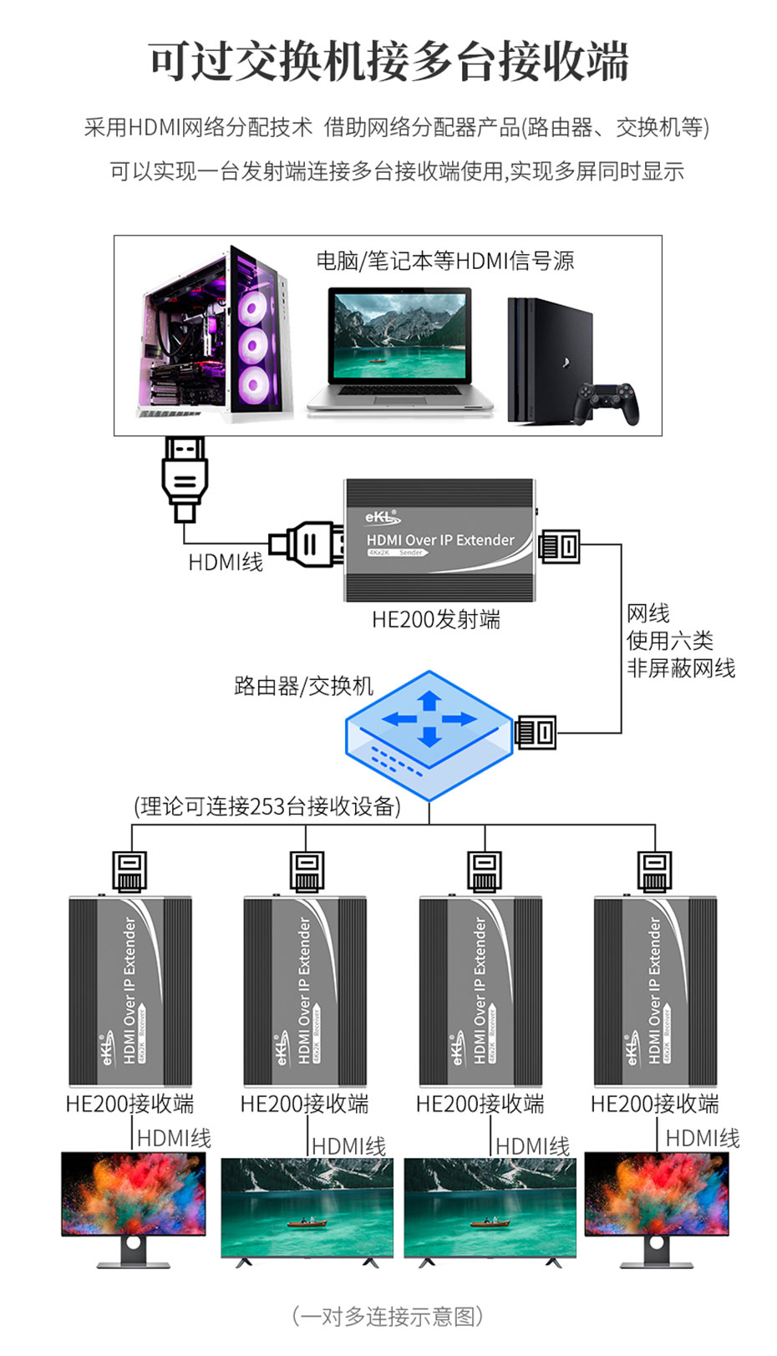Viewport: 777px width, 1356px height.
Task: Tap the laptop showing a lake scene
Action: (x=399, y=347)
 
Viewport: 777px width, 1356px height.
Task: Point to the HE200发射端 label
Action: (x=435, y=620)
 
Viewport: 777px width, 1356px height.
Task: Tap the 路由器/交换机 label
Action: (x=303, y=687)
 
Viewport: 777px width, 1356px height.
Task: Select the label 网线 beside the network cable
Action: (x=648, y=614)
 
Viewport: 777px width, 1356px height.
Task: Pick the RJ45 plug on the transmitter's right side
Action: (x=560, y=546)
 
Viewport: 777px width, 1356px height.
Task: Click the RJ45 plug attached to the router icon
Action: (x=536, y=733)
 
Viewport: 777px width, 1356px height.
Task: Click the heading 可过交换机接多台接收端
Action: (x=388, y=62)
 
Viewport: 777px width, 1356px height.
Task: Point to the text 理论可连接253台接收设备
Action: (x=267, y=806)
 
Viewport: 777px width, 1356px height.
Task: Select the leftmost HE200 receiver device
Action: (x=130, y=991)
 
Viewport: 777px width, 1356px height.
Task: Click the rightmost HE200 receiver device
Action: (x=655, y=991)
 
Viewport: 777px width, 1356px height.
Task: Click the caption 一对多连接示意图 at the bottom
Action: (x=388, y=1317)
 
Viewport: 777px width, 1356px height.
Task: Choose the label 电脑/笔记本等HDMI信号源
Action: (x=445, y=262)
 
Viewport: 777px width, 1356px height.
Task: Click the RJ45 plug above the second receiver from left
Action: (x=307, y=871)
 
